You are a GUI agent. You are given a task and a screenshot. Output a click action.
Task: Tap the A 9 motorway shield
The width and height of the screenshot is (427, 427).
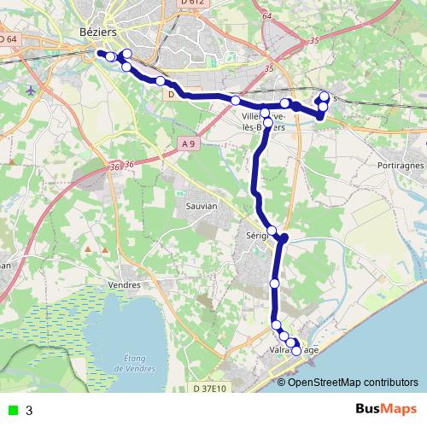coord(190,145)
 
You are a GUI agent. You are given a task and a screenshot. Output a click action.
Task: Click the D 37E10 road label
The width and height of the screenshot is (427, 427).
coord(209,389)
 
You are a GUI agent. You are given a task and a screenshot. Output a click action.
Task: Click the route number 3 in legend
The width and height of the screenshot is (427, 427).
coord(30,411)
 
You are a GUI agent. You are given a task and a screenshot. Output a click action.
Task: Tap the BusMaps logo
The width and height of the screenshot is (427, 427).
coord(386,409)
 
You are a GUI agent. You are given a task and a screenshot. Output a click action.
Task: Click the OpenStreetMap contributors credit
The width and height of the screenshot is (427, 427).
coord(348,382)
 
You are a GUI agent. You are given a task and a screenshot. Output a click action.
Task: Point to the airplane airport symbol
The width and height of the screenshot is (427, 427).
coord(32,90)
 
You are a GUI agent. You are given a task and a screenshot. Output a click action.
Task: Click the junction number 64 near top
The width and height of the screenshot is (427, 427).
coord(267,16)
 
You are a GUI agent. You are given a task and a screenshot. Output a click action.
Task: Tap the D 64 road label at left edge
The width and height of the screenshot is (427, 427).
coord(9,38)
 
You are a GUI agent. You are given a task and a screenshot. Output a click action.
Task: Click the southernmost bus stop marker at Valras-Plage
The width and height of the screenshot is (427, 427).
coord(296,351)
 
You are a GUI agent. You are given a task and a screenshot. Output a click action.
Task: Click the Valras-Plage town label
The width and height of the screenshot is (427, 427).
coord(295,349)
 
